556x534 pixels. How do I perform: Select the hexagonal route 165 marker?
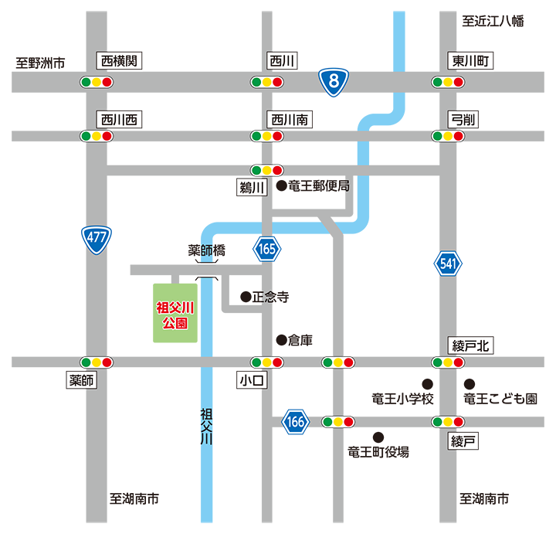(x=267, y=249)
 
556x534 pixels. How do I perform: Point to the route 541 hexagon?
(x=448, y=264)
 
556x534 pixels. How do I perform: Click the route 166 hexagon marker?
(x=296, y=423)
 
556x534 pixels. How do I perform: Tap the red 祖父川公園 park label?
(x=175, y=315)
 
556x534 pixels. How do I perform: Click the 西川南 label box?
(x=289, y=119)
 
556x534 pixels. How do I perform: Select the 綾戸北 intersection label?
(x=470, y=345)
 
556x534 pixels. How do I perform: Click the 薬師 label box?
(x=82, y=380)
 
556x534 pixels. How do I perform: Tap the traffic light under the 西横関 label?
(x=97, y=82)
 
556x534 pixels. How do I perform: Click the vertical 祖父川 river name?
(x=206, y=427)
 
